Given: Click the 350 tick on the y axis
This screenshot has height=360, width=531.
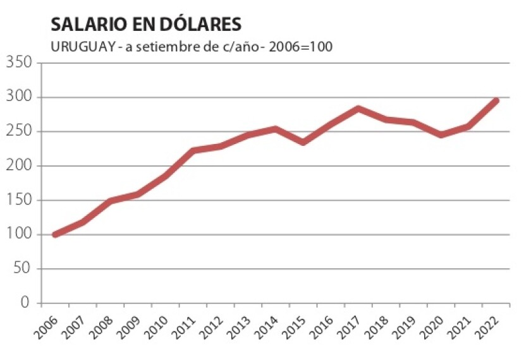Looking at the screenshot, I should [19, 63].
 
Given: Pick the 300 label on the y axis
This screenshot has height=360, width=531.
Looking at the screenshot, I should [19, 97].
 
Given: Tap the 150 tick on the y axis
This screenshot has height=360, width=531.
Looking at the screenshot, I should [19, 200].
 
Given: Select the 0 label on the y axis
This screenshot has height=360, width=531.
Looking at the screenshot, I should [25, 303].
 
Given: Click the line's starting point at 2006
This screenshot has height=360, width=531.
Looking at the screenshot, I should [55, 234].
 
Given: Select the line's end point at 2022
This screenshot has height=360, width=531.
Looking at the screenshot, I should [496, 100].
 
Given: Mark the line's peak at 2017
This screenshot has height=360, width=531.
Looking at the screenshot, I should [358, 109].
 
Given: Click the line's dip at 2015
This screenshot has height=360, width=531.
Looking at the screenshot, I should [303, 142].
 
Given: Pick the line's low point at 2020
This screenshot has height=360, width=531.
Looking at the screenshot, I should [441, 135].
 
